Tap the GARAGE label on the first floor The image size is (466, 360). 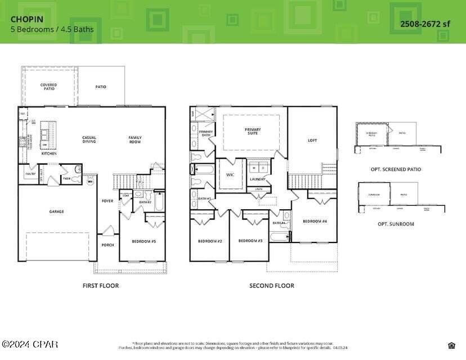coord(56,211)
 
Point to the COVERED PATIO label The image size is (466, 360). coord(48,87)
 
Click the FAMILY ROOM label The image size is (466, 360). coord(135,139)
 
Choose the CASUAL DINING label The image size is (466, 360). coord(89,139)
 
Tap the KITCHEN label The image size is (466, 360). coord(49,153)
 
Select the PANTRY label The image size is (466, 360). coord(30,174)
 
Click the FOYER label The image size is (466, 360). coord(107,201)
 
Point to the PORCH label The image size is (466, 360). coord(107,245)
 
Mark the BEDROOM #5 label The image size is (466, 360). coord(144,241)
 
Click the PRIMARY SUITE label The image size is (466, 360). coord(253,131)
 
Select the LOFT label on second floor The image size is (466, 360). coord(312,140)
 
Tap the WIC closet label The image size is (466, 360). coord(230,175)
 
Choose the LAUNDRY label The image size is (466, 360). coord(258,179)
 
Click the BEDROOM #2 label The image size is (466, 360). coord(210,241)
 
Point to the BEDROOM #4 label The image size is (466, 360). coord(315,221)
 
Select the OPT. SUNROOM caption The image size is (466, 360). coord(396,224)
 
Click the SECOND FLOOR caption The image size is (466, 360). coord(271,286)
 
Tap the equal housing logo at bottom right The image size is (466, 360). coord(451,345)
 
